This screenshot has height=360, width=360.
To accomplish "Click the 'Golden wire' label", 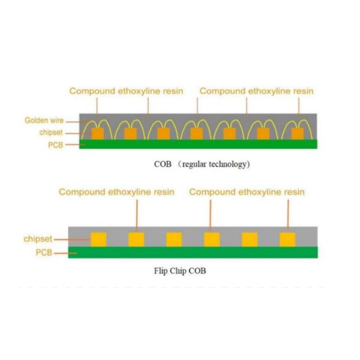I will [44, 121].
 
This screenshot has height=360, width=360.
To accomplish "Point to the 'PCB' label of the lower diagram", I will [44, 253].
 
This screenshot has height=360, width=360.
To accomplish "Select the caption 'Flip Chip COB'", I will [180, 271].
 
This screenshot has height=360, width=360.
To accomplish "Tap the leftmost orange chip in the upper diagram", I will [97, 133].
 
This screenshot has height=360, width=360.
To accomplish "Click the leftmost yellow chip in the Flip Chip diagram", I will [98, 239].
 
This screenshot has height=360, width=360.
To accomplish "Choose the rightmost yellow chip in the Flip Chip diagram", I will [287, 239].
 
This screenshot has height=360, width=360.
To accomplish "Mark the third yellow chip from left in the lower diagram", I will [174, 239].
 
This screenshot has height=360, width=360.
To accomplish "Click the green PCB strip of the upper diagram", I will [198, 145].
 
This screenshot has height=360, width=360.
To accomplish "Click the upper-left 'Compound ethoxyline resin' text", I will [126, 91].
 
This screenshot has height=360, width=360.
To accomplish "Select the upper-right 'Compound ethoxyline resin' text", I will [256, 91].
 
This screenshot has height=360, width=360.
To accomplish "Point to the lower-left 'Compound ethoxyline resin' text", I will [116, 192].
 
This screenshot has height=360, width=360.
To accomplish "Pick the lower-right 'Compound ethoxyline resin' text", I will [247, 192].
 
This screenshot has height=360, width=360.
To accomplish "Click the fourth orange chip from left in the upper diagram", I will [197, 133].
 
